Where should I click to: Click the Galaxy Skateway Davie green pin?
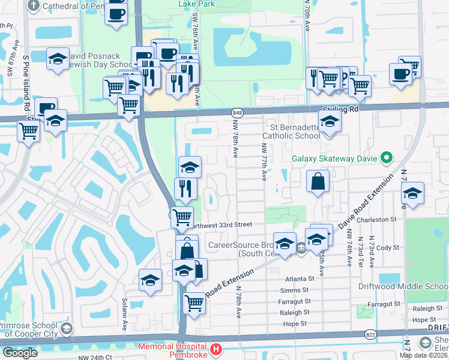(386, 159)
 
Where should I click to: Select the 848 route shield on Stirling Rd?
(238, 112)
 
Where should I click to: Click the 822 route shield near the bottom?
(369, 334)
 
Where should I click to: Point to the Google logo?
(20, 352)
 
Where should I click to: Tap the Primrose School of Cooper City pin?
(65, 329)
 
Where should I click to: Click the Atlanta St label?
(300, 278)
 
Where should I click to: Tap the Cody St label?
(388, 247)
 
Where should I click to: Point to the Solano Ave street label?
(125, 313)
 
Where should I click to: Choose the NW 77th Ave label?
(264, 162)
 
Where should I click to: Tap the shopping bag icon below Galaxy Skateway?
(318, 181)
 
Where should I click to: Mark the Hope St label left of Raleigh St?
(294, 323)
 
